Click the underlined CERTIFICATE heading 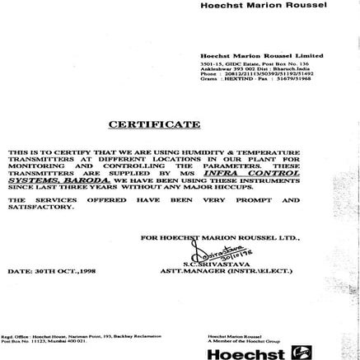pyautogui.click(x=154, y=125)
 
